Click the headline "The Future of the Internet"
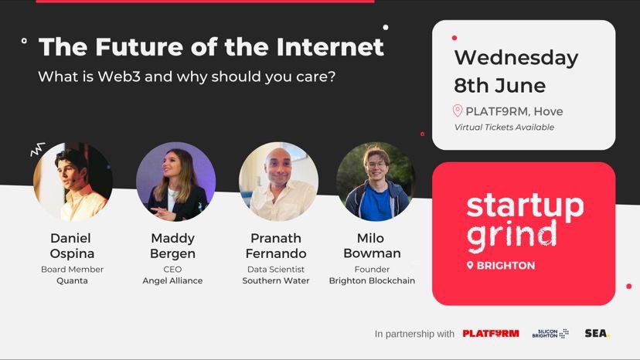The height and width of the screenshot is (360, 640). click(x=211, y=47)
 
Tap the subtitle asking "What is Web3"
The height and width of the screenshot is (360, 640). click(x=186, y=78)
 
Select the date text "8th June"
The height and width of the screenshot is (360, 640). click(x=499, y=84)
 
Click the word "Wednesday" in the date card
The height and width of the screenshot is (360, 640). click(x=516, y=57)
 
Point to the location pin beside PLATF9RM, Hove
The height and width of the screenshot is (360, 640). click(x=458, y=111)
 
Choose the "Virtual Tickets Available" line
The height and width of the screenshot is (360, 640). click(x=504, y=127)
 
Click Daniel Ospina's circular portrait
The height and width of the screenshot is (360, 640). click(x=73, y=182)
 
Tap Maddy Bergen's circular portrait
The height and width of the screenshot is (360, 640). click(x=175, y=182)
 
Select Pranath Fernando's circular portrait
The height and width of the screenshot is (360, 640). click(x=278, y=182)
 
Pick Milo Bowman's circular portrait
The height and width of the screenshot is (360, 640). click(x=376, y=182)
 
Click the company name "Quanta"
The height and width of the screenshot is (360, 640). click(x=73, y=280)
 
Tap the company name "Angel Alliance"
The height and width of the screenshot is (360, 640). click(x=172, y=280)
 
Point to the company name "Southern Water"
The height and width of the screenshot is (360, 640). click(x=276, y=280)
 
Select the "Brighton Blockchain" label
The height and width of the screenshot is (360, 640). click(x=372, y=280)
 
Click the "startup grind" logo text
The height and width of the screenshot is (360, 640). click(x=524, y=220)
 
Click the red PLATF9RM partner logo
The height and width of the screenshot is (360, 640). click(x=491, y=334)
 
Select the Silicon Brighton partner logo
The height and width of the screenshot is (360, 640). click(x=550, y=334)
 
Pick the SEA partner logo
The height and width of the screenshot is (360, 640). click(x=597, y=334)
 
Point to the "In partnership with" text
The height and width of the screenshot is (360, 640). click(x=414, y=334)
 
